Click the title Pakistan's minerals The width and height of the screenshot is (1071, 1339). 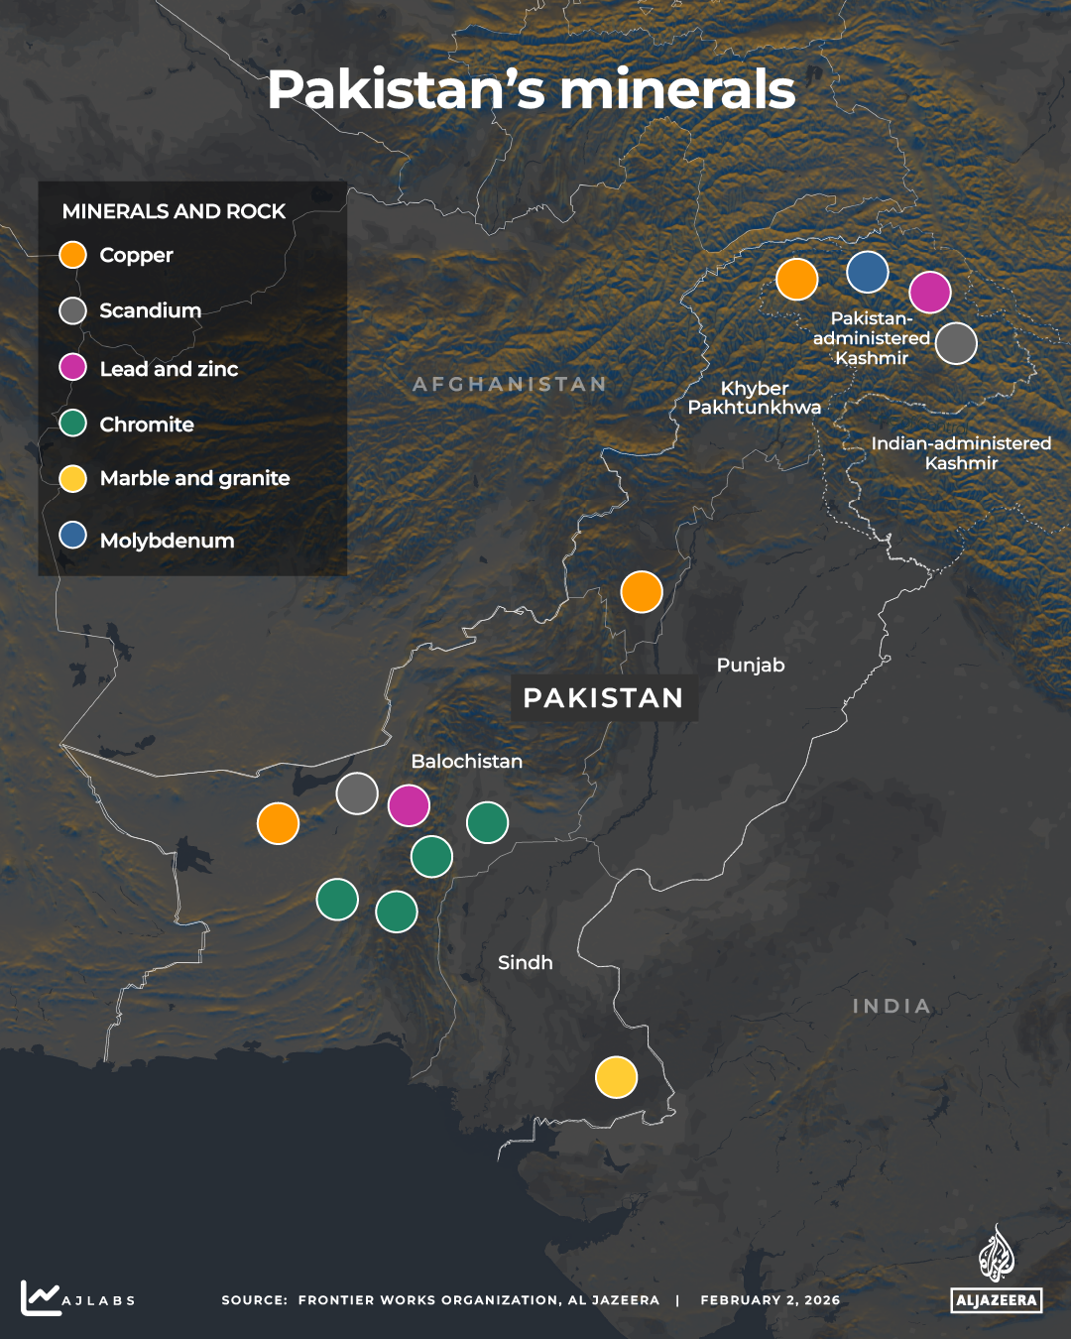[x=532, y=89]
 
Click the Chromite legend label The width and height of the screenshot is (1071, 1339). [x=147, y=425]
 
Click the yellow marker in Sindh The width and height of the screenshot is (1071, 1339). [x=616, y=1077]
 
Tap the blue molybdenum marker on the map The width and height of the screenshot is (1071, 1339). [x=868, y=272]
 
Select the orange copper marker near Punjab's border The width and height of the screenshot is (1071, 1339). [x=642, y=592]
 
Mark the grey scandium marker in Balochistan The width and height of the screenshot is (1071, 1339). [x=357, y=793]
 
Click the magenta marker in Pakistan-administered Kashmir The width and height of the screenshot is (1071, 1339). [x=930, y=292]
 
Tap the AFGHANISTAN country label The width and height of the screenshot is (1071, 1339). [x=510, y=384]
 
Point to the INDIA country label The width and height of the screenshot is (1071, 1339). [x=892, y=1006]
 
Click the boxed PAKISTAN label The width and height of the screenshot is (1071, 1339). [x=603, y=698]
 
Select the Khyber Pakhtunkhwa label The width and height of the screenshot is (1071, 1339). [x=755, y=398]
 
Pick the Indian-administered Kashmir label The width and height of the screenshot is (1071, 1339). [x=961, y=453]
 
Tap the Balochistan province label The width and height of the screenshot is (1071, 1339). [x=466, y=761]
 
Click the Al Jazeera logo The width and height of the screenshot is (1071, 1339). [x=997, y=1270]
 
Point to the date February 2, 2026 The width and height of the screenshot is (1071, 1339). [x=770, y=1300]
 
